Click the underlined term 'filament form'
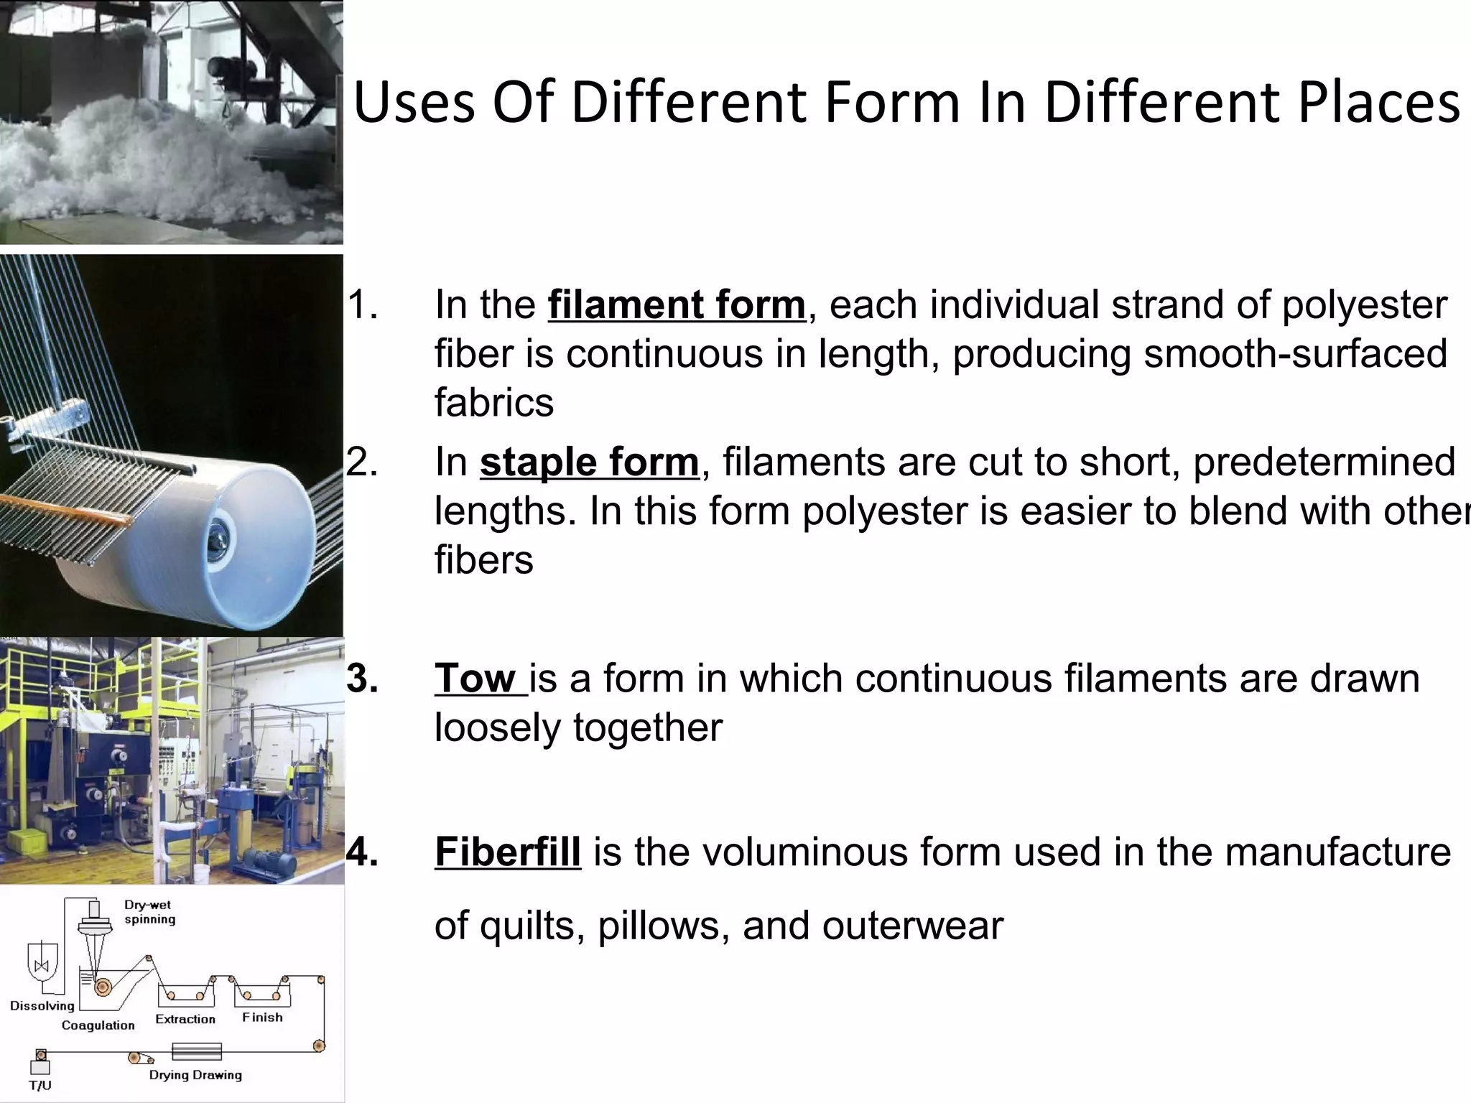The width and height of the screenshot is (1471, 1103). pyautogui.click(x=676, y=305)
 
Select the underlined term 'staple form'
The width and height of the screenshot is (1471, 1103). pyautogui.click(x=589, y=462)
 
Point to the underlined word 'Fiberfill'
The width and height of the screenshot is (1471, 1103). pyautogui.click(x=507, y=852)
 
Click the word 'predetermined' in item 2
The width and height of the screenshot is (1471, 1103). pyautogui.click(x=1324, y=462)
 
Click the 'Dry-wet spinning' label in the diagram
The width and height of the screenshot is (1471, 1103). pyautogui.click(x=149, y=912)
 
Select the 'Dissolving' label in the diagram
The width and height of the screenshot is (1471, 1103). pyautogui.click(x=42, y=1005)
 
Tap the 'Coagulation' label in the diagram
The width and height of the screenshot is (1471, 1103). pyautogui.click(x=98, y=1025)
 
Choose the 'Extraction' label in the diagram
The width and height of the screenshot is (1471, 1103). pyautogui.click(x=185, y=1019)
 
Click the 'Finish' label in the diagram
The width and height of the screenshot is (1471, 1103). pyautogui.click(x=262, y=1018)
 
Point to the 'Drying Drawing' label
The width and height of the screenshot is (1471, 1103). pyautogui.click(x=195, y=1075)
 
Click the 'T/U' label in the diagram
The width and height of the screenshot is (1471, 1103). pyautogui.click(x=40, y=1086)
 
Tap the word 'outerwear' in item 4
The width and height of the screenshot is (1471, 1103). pyautogui.click(x=912, y=926)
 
